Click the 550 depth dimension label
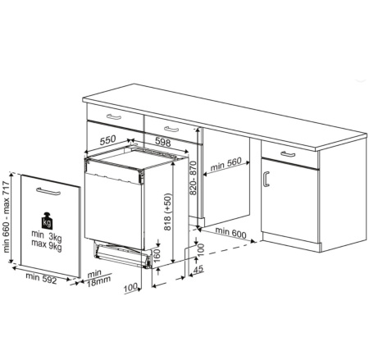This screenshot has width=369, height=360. [x=107, y=141]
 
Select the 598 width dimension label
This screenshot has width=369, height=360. [x=163, y=143]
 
